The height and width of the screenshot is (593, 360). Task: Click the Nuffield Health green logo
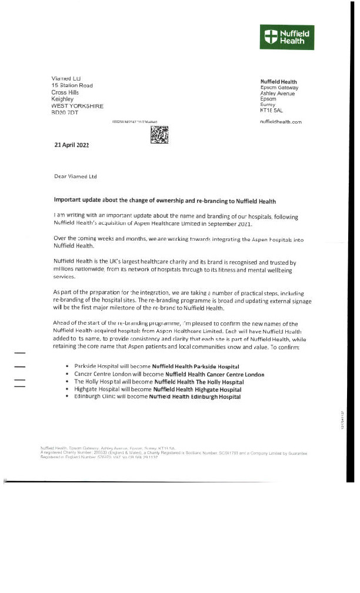tap(287, 36)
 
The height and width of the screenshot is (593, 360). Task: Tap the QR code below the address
tap(160, 135)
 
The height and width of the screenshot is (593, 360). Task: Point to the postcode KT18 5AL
tap(271, 110)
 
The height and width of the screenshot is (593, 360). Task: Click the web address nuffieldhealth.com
tap(281, 121)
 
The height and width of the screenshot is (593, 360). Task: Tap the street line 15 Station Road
tap(72, 86)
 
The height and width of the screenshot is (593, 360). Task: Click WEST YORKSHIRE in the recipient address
tap(78, 106)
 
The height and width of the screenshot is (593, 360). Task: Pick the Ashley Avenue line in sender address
tap(278, 94)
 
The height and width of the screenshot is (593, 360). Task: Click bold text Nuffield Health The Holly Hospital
tap(195, 382)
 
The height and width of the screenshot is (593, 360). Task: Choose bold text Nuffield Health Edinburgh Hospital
tap(195, 397)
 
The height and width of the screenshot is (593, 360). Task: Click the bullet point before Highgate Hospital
tap(69, 389)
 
